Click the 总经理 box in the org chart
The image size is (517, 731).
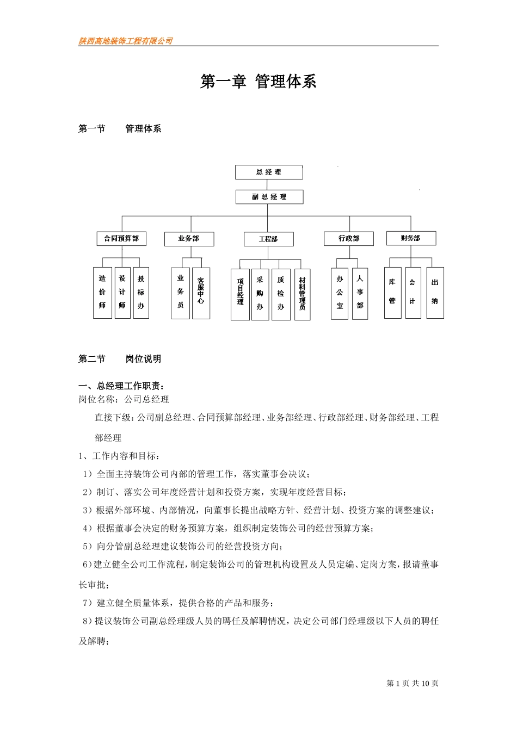[x=269, y=172]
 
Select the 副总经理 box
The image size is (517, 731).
[x=269, y=197]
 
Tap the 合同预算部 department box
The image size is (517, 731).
[x=121, y=238]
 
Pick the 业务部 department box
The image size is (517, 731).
[x=189, y=239]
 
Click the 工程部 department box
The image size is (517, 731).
[x=268, y=239]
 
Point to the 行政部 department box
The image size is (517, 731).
[x=349, y=238]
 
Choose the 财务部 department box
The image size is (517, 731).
[x=411, y=238]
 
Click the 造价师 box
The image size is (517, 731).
[x=102, y=293]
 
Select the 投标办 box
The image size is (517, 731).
[x=141, y=293]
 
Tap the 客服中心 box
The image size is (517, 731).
[x=201, y=293]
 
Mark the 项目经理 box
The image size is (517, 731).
[x=240, y=294]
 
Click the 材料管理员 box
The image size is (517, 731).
[x=302, y=294]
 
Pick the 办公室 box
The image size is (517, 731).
[x=340, y=293]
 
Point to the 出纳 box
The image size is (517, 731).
[x=435, y=293]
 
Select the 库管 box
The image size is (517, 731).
[x=392, y=293]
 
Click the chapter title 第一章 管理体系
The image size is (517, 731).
[x=258, y=82]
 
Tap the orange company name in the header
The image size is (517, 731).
[x=126, y=41]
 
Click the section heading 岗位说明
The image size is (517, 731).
[x=143, y=359]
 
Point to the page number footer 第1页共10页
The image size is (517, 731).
[x=412, y=683]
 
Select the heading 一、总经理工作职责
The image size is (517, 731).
[x=121, y=386]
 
